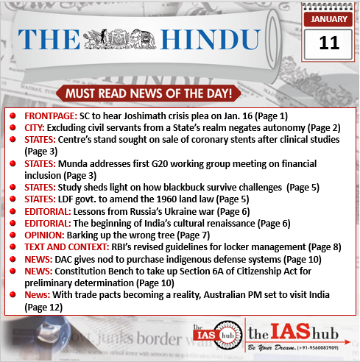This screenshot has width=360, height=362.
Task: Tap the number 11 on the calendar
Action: pyautogui.click(x=329, y=41)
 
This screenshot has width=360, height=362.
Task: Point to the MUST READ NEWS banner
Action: pyautogui.click(x=180, y=94)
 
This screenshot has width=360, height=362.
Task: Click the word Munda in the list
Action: pyautogui.click(x=77, y=163)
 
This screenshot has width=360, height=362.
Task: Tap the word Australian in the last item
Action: pyautogui.click(x=247, y=294)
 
